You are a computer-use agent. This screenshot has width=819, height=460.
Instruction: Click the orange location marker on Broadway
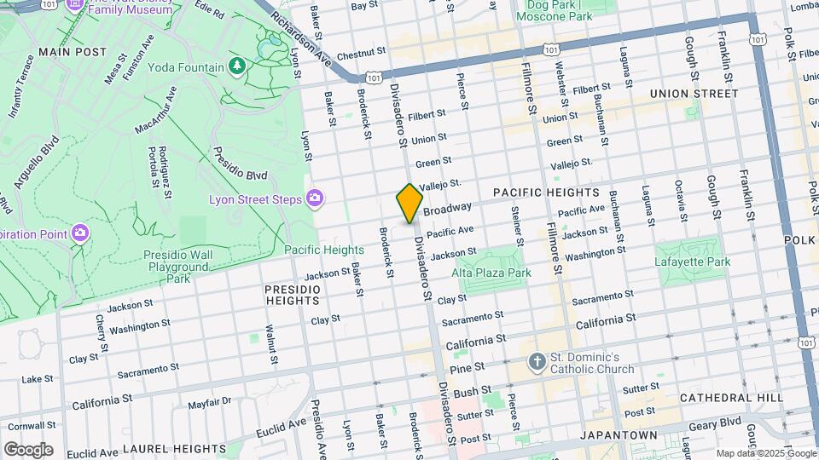tap(409, 203)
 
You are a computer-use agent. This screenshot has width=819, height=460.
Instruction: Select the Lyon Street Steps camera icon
tap(315, 198)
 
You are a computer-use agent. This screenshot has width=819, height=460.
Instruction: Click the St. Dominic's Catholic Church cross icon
tap(537, 362)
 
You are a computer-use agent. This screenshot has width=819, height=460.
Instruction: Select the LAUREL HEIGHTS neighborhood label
tap(175, 448)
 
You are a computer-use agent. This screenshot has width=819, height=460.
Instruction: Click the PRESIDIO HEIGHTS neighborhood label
tap(293, 296)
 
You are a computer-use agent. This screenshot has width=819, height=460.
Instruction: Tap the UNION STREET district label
tap(693, 93)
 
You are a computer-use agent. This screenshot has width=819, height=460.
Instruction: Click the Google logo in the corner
tap(28, 449)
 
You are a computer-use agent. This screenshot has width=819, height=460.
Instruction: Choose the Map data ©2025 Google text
tap(765, 453)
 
